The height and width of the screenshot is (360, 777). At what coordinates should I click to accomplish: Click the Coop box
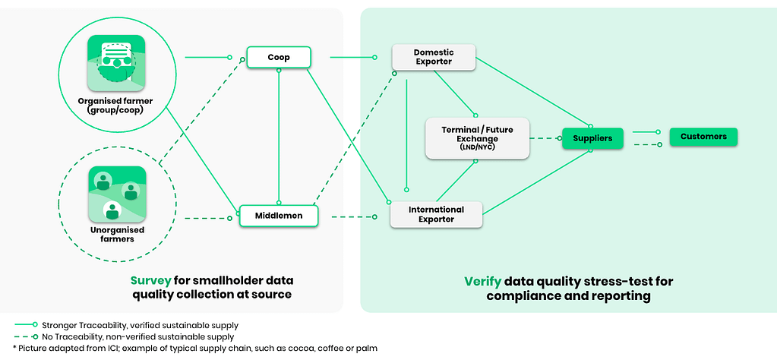(279, 57)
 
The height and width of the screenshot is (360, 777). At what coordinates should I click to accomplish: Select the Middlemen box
(279, 216)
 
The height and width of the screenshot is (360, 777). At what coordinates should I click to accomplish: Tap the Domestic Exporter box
(434, 56)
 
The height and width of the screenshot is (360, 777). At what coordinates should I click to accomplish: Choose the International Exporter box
(436, 214)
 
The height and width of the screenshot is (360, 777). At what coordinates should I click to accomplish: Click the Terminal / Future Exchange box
(477, 138)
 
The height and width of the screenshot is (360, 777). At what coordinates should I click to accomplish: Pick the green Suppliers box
(592, 138)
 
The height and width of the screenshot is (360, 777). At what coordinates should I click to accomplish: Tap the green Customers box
(703, 137)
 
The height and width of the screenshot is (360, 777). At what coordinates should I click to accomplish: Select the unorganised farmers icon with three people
(117, 194)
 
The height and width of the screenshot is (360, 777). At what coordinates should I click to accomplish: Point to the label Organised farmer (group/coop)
(115, 106)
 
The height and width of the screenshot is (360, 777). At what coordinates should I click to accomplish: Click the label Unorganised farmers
(117, 234)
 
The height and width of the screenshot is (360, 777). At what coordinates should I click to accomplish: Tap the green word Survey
(150, 281)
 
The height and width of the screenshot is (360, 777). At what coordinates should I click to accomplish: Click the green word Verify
(483, 282)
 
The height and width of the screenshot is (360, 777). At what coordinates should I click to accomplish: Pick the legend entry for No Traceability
(125, 336)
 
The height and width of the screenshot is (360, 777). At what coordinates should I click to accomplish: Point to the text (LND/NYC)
(477, 147)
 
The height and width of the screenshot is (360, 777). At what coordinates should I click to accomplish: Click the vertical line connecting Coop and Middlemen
(279, 136)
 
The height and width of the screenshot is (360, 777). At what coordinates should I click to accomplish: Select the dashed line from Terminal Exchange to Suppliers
(546, 138)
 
